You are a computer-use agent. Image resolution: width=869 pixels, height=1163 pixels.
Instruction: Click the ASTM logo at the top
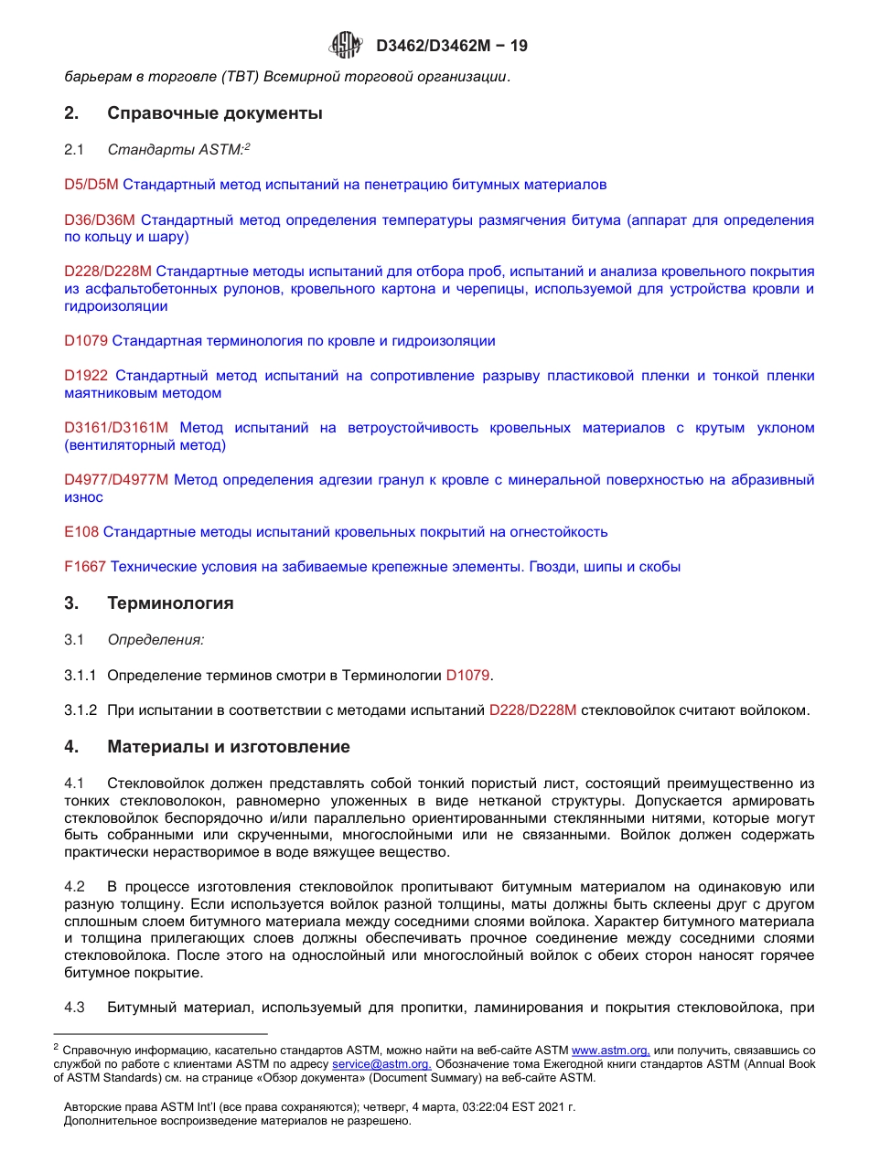pos(346,45)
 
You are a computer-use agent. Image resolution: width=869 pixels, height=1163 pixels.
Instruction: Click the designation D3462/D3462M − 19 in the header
pos(451,46)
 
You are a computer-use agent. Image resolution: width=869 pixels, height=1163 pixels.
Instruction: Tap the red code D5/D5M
pos(91,185)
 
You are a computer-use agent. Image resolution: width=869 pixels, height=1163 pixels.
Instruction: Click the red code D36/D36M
pos(100,220)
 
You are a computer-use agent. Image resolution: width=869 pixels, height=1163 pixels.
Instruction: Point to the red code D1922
pos(86,376)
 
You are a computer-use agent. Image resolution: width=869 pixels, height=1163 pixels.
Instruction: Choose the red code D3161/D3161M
pos(116,428)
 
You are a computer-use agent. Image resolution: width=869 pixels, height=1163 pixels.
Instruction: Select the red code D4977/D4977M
pos(116,480)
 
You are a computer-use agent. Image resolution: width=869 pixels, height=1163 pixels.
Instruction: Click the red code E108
pos(81,532)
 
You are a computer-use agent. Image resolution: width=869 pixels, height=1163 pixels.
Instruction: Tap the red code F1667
pos(85,567)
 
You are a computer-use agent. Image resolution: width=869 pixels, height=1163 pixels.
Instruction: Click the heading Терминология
pos(170,603)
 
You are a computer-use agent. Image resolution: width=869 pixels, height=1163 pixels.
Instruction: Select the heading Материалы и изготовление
pos(229,747)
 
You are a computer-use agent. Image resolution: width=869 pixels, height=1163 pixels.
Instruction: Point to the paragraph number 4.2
pos(74,887)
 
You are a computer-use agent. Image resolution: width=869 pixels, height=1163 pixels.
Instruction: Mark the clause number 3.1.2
pos(80,710)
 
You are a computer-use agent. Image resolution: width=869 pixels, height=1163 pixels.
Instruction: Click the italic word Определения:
pos(156,640)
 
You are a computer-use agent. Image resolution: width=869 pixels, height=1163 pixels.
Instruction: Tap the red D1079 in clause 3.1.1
pos(468,676)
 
